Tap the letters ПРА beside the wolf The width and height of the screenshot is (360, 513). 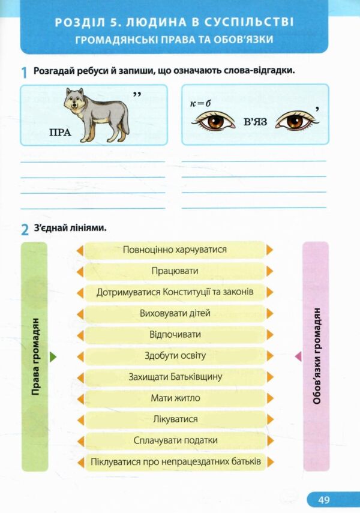coord(60,133)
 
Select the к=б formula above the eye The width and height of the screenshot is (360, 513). coord(200,104)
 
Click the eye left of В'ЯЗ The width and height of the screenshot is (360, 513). coord(214,121)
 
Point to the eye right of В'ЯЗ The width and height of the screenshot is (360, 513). coord(297,121)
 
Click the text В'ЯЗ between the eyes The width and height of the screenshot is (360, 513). coord(255,122)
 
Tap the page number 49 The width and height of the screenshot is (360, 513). coord(323,500)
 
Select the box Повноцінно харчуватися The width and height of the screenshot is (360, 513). coord(175,250)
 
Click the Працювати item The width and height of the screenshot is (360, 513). coord(175,271)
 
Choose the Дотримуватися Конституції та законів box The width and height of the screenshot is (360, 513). coord(175,292)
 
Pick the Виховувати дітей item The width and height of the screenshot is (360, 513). coord(175,313)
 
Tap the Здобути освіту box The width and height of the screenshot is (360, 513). coord(175,356)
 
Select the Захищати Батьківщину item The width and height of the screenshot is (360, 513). coord(175,377)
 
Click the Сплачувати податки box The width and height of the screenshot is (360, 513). coord(175,440)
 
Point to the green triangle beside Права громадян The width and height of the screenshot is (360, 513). coord(53,356)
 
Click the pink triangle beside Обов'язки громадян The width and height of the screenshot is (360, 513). coord(298,356)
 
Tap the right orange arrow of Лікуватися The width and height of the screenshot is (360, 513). coord(269,419)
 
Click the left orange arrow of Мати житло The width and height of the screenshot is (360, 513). coord(80,398)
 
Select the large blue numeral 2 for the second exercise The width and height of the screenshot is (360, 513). coord(25,230)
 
